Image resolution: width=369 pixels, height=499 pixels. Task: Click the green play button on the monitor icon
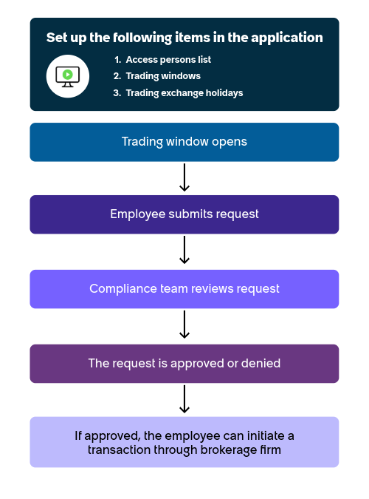67,75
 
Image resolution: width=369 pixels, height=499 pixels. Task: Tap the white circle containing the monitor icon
68,76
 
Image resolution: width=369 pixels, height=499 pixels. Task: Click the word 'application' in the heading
287,38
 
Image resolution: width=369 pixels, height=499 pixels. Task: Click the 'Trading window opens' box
184,142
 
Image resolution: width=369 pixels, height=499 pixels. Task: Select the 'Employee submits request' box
184,214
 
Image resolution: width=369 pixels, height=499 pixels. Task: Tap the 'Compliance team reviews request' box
184,289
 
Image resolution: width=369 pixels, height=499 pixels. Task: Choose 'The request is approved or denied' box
184,364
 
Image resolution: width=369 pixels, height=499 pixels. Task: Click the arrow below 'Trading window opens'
184,177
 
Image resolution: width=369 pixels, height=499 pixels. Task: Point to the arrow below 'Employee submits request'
184,250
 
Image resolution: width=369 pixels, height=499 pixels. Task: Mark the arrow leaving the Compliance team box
184,325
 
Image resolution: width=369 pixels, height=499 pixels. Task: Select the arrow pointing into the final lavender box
184,399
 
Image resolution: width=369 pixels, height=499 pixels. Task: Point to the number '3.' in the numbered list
117,93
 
